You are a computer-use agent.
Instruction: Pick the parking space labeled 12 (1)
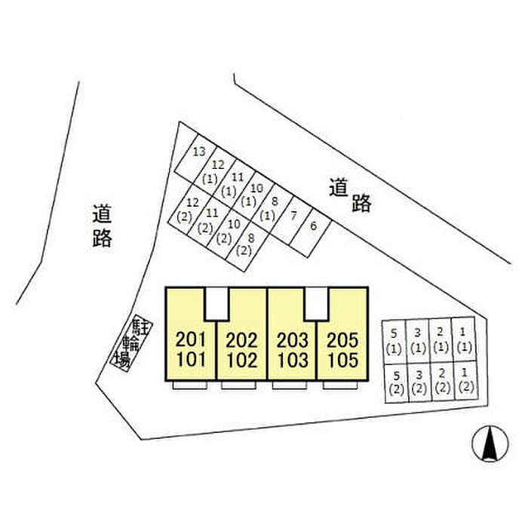click(214, 172)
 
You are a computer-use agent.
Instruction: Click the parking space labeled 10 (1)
click(255, 194)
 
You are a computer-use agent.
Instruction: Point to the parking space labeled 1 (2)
click(465, 380)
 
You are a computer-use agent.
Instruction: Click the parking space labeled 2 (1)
click(441, 340)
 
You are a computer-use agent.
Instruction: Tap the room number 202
click(241, 341)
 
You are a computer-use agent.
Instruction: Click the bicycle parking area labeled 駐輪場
click(130, 344)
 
